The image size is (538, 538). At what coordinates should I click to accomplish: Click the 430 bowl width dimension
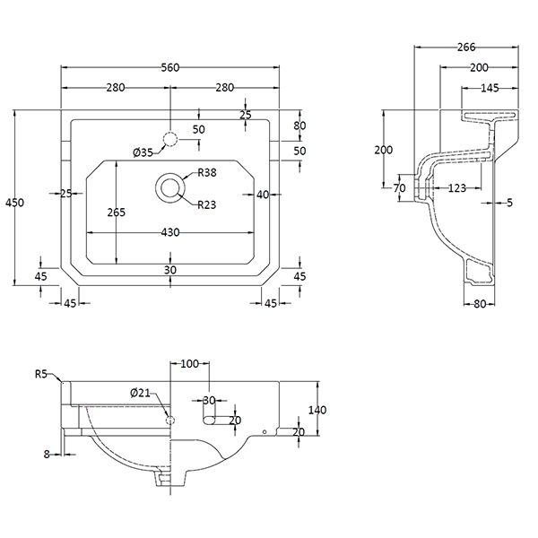170,232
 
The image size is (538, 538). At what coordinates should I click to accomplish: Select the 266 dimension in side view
464,48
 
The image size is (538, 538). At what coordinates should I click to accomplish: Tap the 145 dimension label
490,88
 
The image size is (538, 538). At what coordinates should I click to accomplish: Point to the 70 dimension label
400,188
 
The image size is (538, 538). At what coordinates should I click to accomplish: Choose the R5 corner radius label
41,375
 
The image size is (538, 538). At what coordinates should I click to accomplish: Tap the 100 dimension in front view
189,363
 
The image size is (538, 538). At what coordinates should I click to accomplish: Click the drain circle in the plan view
170,188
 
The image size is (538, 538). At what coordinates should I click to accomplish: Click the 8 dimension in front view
47,454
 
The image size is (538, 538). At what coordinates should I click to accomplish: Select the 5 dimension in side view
509,204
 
